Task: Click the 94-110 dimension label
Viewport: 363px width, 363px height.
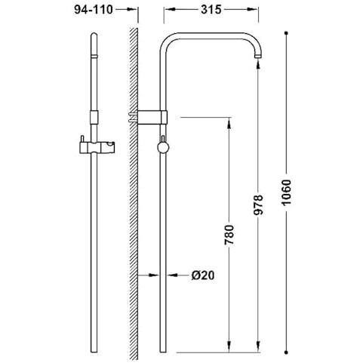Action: [x=94, y=10]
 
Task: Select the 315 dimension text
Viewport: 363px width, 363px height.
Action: [x=211, y=10]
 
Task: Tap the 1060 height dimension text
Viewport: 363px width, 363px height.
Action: [x=286, y=192]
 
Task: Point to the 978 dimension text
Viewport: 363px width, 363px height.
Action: [x=258, y=205]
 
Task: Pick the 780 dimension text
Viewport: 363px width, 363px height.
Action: [x=229, y=235]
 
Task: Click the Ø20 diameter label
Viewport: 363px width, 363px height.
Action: [x=203, y=275]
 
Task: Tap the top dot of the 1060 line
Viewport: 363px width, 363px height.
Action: [x=286, y=33]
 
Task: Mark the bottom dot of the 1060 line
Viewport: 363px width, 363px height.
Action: [x=286, y=352]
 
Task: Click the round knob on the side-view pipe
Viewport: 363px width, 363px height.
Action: [x=163, y=147]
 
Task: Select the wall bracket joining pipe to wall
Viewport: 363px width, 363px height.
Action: [x=148, y=118]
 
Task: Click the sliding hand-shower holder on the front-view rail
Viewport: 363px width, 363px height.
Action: [x=97, y=146]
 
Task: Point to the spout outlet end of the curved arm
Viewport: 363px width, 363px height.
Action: [x=259, y=57]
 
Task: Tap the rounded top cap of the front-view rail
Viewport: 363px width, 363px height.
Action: [x=94, y=35]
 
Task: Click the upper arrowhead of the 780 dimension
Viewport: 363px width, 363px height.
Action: [x=229, y=124]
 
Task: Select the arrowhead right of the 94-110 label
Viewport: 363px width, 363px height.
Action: [x=132, y=10]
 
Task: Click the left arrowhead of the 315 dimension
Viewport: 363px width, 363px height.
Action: [x=170, y=10]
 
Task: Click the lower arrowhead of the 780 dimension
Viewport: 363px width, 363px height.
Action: [x=229, y=346]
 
